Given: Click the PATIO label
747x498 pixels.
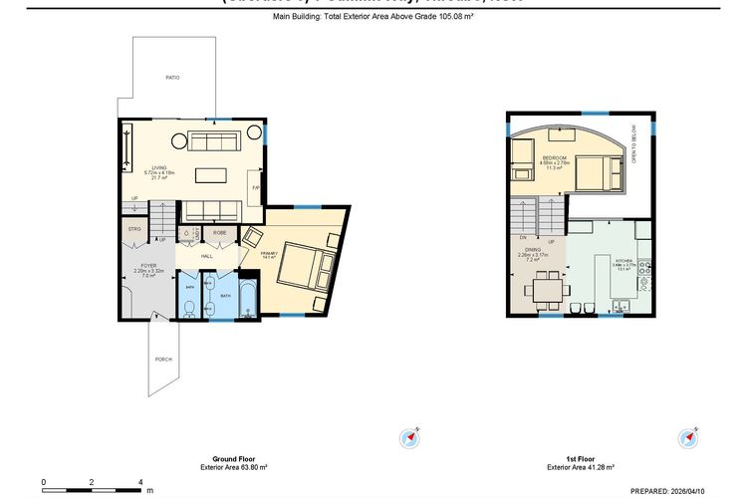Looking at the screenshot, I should point(171,77).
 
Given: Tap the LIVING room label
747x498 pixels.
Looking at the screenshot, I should point(158,167).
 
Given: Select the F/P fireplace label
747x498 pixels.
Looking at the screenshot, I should point(255,188).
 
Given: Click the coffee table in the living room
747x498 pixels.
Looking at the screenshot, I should point(210,175).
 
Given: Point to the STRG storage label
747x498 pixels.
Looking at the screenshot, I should point(133,229).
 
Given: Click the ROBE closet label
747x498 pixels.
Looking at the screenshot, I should point(218,232).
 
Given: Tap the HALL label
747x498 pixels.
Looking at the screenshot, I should point(206,256).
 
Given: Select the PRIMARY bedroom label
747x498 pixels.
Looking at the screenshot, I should point(268,254).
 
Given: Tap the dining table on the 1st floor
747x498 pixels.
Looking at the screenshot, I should point(545,289).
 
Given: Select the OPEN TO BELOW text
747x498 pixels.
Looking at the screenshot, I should point(634,144).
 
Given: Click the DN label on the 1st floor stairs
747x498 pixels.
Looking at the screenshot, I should point(522,238).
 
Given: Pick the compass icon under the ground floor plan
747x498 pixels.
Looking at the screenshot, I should point(410,438).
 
